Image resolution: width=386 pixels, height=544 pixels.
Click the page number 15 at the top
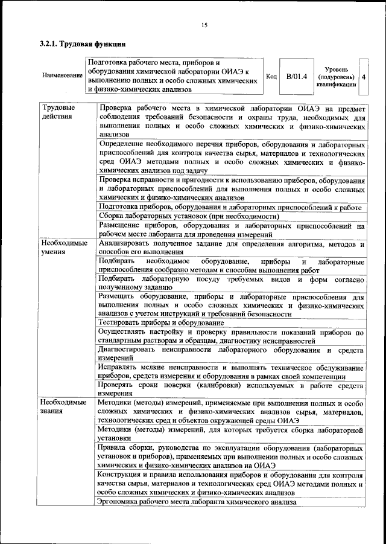click(204, 25)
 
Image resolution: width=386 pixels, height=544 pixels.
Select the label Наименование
click(63, 75)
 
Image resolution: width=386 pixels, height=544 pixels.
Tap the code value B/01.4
click(297, 76)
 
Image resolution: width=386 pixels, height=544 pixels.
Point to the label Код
click(271, 77)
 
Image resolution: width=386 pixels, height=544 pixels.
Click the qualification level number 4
click(364, 77)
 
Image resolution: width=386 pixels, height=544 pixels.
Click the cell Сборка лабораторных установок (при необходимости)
click(189, 216)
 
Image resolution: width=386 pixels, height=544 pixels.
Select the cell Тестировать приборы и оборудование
click(162, 323)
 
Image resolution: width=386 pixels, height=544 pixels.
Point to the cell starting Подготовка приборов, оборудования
click(231, 207)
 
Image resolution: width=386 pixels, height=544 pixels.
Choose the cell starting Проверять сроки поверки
click(231, 388)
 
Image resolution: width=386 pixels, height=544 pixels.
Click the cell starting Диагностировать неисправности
click(231, 354)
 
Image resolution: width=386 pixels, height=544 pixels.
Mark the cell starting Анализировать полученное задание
click(231, 248)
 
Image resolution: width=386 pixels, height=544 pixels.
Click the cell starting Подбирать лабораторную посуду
click(231, 284)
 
